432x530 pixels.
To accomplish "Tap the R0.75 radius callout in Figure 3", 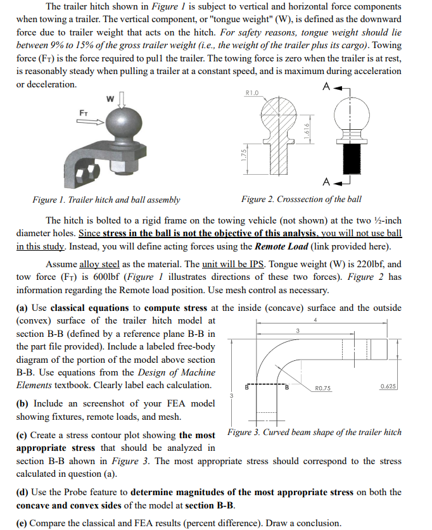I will [x=323, y=388].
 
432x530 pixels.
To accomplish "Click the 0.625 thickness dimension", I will [x=388, y=387].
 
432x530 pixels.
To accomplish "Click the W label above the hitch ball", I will [x=110, y=98].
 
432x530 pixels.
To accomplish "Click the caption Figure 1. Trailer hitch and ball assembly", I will [x=106, y=199].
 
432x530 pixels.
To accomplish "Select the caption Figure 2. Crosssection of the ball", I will [x=302, y=199].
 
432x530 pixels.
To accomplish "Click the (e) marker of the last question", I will [x=22, y=523].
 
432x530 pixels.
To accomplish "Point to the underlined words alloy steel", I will [x=99, y=264].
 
